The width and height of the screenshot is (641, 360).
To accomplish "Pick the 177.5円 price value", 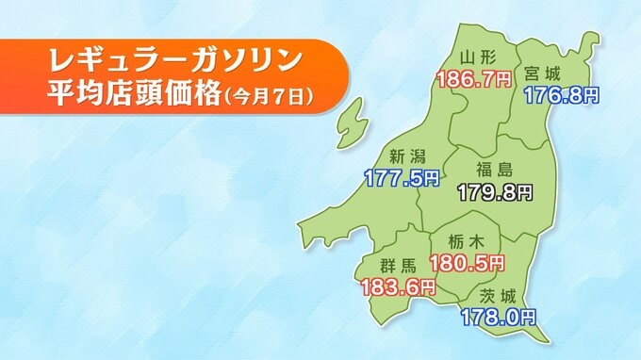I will (x=402, y=176).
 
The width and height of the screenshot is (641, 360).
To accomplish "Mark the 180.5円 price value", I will (x=468, y=261).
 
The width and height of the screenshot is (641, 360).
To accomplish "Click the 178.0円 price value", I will (x=498, y=317).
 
